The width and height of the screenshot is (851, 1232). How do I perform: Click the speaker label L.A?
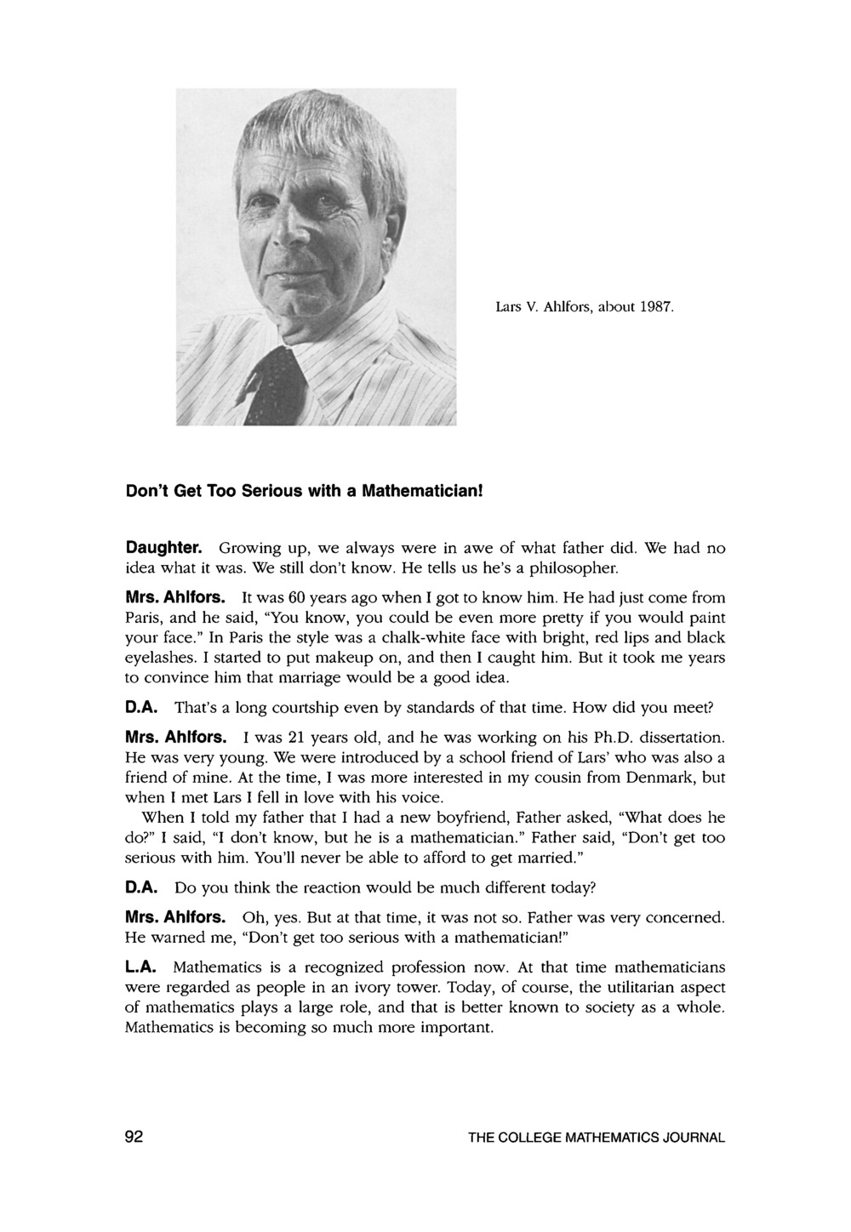(x=140, y=967)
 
